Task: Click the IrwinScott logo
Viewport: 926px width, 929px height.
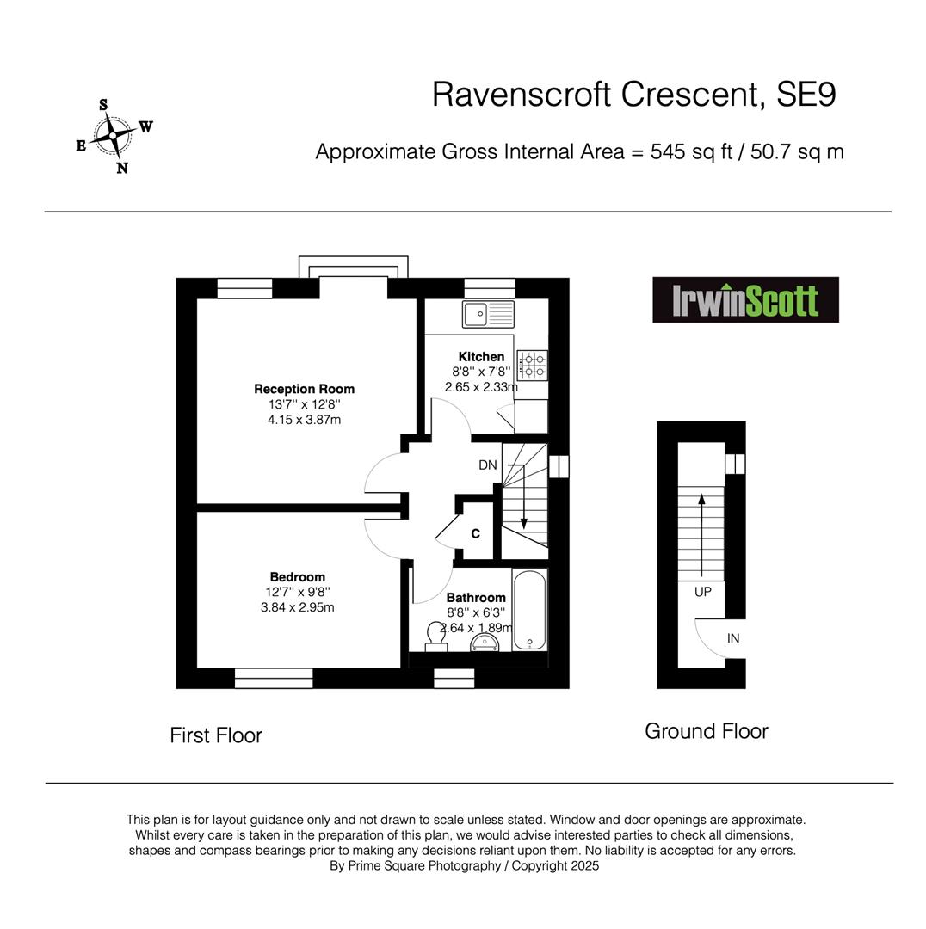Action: click(x=745, y=300)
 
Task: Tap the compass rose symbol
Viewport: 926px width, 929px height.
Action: click(x=114, y=136)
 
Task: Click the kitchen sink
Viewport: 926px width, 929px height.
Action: click(x=489, y=313)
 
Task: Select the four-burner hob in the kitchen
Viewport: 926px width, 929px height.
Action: click(x=533, y=365)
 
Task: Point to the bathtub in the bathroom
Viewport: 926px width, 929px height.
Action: click(x=529, y=610)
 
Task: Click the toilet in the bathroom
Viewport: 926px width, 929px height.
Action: click(x=436, y=637)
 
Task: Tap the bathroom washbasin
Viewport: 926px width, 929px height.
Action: click(x=485, y=643)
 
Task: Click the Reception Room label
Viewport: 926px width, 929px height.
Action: click(x=304, y=390)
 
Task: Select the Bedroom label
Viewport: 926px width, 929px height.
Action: click(x=298, y=577)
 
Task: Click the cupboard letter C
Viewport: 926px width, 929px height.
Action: click(x=475, y=534)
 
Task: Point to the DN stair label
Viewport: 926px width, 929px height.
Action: click(x=488, y=465)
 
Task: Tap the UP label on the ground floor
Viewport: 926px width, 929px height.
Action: click(x=702, y=592)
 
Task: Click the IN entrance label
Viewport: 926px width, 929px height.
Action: click(x=733, y=638)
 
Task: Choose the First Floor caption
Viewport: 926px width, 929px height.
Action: click(x=216, y=735)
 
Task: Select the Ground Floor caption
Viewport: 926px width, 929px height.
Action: click(x=706, y=731)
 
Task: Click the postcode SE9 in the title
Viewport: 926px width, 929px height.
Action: click(x=806, y=95)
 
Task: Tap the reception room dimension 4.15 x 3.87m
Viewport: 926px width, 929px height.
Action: click(x=304, y=420)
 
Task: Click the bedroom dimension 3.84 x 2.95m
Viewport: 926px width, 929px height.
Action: click(x=298, y=607)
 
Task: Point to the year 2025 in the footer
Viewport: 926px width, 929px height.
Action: click(x=585, y=865)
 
